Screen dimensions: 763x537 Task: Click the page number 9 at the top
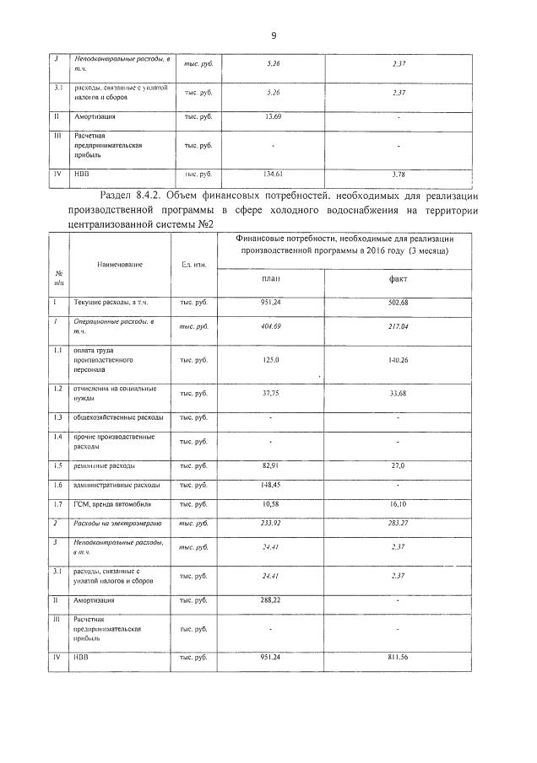[274, 35]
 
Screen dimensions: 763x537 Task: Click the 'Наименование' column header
[120, 264]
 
